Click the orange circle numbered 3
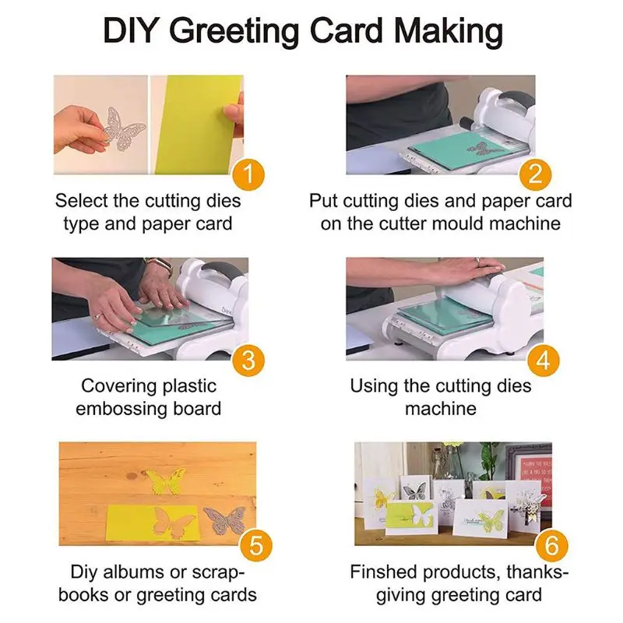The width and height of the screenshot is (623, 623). click(246, 360)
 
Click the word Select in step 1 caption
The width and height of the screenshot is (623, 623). click(81, 201)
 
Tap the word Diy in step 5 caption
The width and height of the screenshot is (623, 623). click(86, 572)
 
